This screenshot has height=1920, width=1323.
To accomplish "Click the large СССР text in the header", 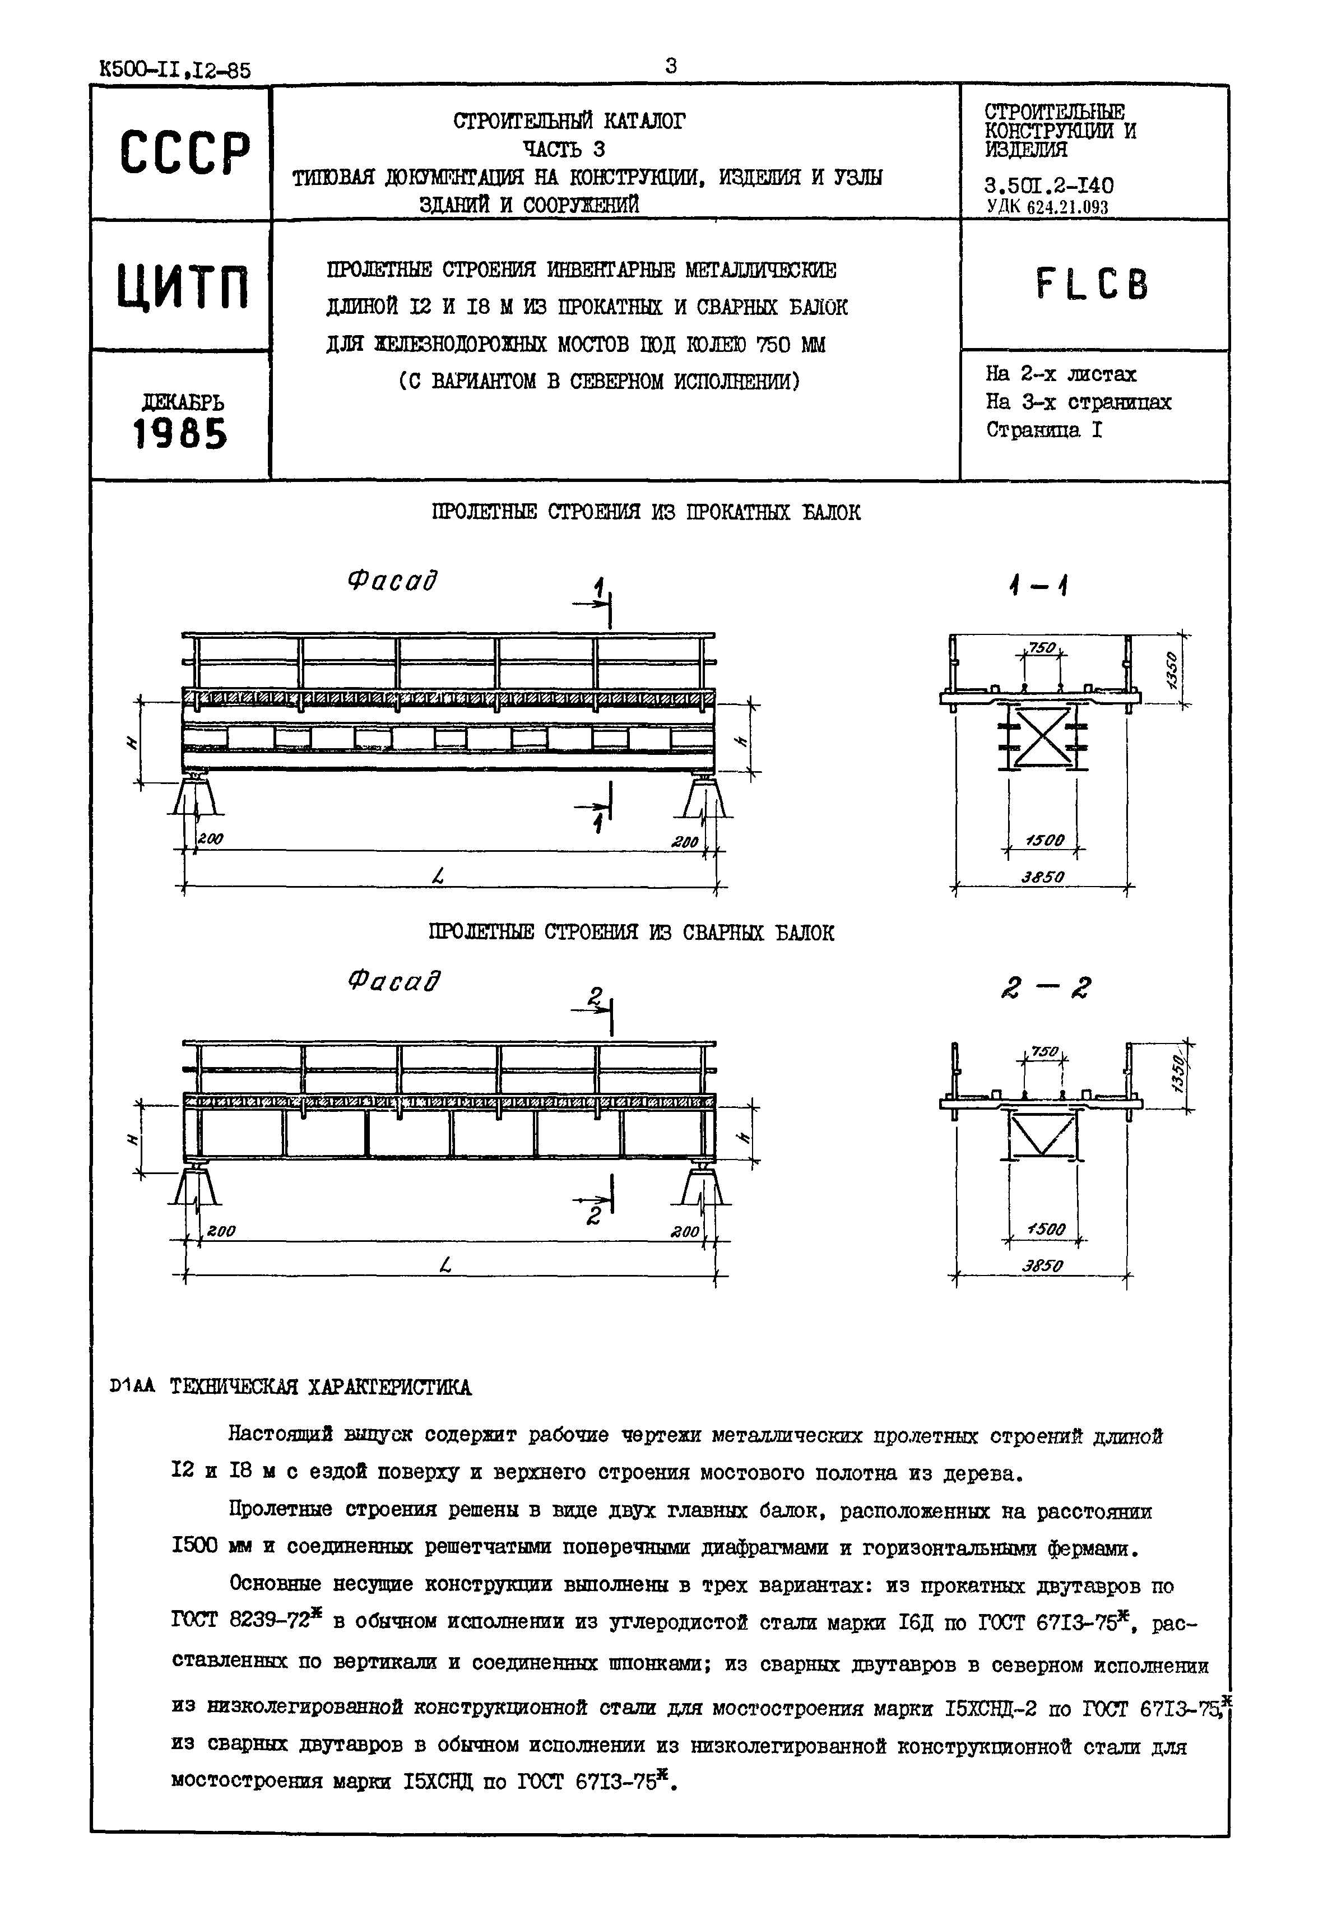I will click(183, 154).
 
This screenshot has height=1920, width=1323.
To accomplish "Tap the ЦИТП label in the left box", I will click(182, 285).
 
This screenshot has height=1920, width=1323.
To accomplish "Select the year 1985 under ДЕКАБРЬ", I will click(180, 434).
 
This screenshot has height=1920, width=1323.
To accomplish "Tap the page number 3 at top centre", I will click(671, 66).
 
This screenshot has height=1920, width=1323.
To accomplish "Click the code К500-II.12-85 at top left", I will click(174, 71).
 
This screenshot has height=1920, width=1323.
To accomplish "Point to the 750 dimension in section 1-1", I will click(1041, 647).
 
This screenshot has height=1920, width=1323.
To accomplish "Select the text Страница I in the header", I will click(1043, 430).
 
